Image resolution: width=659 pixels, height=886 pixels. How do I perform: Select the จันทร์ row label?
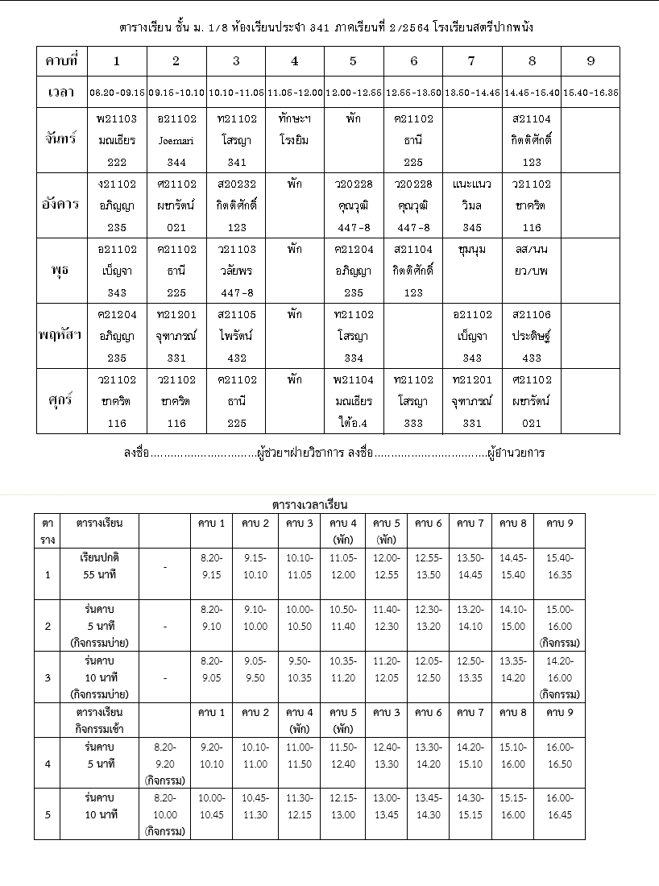pyautogui.click(x=61, y=139)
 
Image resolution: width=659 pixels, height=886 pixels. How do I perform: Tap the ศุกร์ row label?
pyautogui.click(x=61, y=400)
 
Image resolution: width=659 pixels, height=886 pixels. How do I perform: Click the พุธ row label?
pyautogui.click(x=61, y=270)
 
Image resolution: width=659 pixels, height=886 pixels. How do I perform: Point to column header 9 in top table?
pyautogui.click(x=591, y=60)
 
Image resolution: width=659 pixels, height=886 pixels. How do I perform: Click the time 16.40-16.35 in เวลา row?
pyautogui.click(x=591, y=93)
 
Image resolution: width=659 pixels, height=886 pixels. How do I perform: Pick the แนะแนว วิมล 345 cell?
pyautogui.click(x=472, y=205)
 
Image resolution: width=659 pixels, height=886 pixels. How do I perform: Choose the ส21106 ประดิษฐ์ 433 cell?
pyautogui.click(x=532, y=336)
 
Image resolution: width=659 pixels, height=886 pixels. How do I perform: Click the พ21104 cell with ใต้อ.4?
pyautogui.click(x=354, y=401)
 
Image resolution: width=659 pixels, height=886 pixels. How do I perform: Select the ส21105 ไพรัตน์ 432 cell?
pyautogui.click(x=236, y=336)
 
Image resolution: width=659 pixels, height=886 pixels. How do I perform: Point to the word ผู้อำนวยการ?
pyautogui.click(x=516, y=453)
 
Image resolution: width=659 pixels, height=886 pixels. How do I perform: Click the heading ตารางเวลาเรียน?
pyautogui.click(x=309, y=505)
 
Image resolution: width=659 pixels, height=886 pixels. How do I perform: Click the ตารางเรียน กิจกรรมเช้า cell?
pyautogui.click(x=99, y=719)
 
